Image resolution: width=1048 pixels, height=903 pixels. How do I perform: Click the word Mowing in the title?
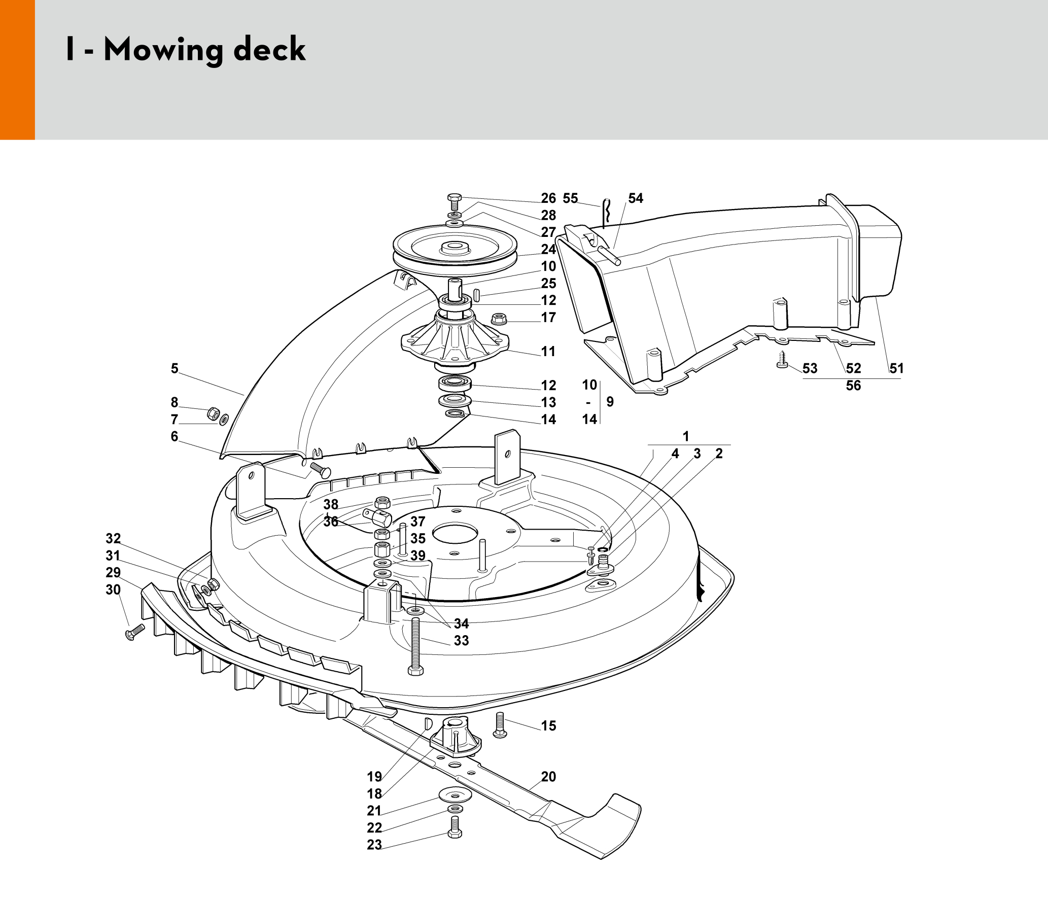coord(163,50)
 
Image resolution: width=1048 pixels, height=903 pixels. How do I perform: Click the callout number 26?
coord(548,198)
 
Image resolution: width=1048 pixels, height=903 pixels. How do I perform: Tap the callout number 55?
coord(570,198)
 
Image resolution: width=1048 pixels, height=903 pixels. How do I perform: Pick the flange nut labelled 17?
coord(499,319)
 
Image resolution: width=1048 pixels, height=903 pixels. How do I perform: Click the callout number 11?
coord(548,352)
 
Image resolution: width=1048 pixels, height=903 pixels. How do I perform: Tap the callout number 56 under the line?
coord(853,386)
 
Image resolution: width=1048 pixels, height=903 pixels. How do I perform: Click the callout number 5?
coord(174,368)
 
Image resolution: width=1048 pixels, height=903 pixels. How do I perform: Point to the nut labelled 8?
coord(213,413)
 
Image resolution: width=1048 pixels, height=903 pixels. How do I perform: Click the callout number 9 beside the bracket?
coord(610,402)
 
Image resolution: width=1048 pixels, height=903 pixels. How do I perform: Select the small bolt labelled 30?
coord(134,632)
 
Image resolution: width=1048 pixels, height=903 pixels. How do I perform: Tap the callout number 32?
coord(113,538)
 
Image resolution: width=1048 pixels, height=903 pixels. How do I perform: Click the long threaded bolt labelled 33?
coord(415,645)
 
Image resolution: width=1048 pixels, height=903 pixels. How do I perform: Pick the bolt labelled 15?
coord(500,725)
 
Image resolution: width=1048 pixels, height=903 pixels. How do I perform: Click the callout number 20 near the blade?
coord(548,777)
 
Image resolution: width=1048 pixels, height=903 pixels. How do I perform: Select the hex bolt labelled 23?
coord(455,827)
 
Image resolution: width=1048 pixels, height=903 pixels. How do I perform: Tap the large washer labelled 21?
coord(455,794)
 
